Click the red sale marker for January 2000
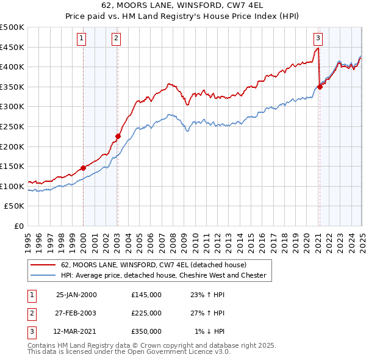83,168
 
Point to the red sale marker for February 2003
118,136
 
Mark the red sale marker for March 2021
320,87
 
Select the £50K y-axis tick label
15,206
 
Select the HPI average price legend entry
163,275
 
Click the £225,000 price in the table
146,313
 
